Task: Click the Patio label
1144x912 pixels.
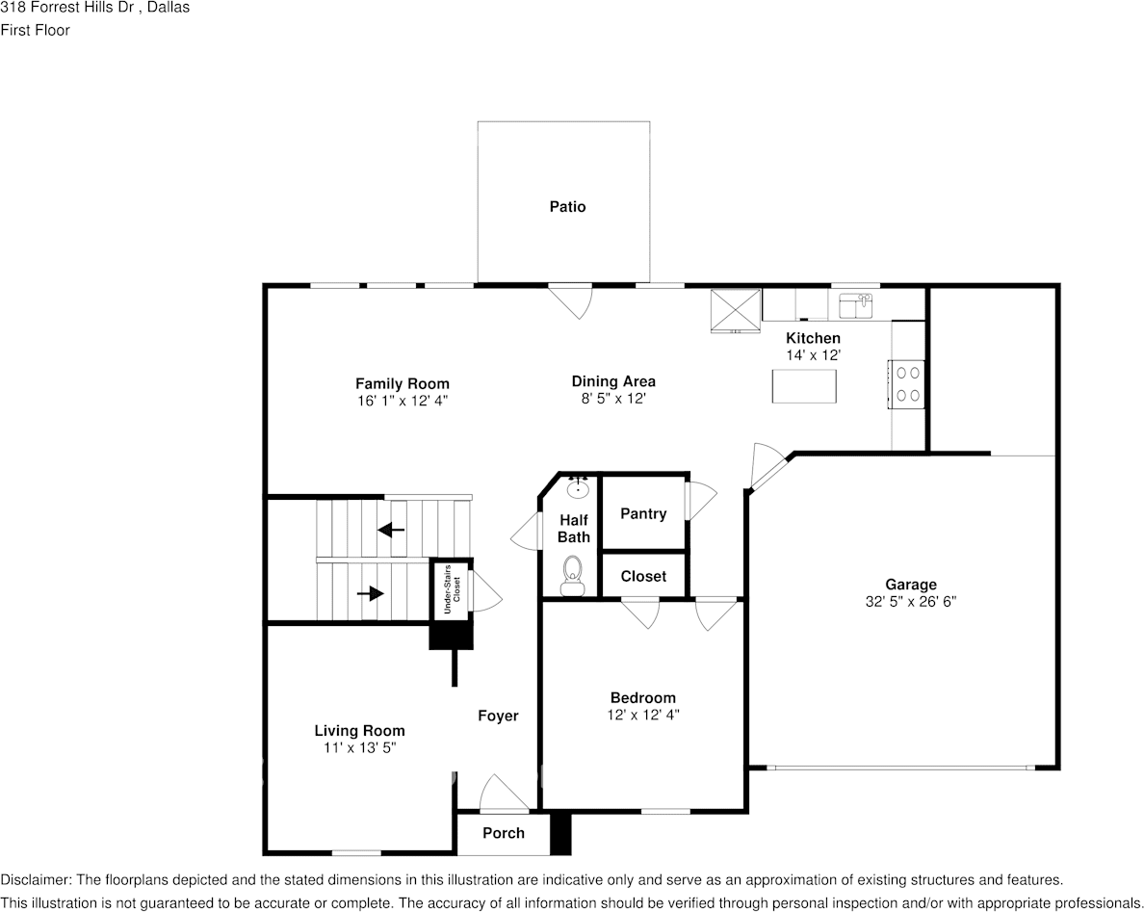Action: [567, 206]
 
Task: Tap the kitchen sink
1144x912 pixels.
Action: [856, 305]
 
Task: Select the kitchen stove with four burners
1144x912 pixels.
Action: [907, 383]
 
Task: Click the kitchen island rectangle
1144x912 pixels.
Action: [804, 386]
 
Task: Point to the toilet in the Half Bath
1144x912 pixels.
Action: [572, 576]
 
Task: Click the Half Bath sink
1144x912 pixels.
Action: [579, 486]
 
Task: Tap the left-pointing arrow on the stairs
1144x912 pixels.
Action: [391, 529]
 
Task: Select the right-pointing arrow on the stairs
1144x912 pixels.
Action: [371, 594]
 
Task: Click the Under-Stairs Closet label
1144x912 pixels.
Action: [452, 588]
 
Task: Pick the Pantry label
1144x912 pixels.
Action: [643, 513]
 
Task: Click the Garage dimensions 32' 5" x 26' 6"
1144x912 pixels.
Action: [911, 602]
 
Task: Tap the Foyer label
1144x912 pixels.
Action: [498, 716]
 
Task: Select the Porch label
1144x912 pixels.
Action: [504, 833]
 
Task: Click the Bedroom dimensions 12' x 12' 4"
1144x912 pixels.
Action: [642, 715]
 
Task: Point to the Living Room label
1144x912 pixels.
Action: [360, 731]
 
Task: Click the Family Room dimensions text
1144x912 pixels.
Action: [402, 401]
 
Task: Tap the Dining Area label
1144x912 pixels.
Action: [613, 380]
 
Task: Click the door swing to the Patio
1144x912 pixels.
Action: [570, 300]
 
